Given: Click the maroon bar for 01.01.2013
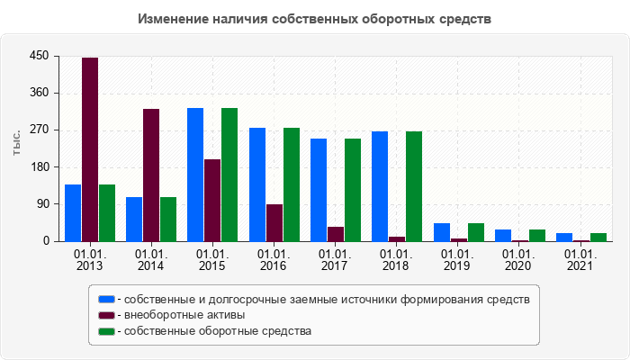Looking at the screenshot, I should [x=90, y=149].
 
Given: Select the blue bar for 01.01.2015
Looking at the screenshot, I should [x=195, y=175].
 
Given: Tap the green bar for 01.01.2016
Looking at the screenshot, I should [x=291, y=184].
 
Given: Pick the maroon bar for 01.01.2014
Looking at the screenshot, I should [x=151, y=175].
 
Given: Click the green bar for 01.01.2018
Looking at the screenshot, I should [x=414, y=186].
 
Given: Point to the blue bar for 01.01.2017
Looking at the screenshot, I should [x=319, y=190].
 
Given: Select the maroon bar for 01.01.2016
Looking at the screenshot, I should [x=274, y=222].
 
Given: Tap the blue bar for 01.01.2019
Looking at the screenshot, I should [x=442, y=232].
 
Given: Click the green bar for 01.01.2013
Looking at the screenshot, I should [x=107, y=212].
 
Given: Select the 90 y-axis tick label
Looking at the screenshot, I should [x=41, y=204].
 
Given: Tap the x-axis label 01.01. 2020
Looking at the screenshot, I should [x=519, y=260].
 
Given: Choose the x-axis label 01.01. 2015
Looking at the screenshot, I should [x=212, y=260].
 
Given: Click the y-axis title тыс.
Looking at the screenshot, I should [x=16, y=143].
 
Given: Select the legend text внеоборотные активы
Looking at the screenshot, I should [x=184, y=315].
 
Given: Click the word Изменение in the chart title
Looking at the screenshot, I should [x=174, y=18].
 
